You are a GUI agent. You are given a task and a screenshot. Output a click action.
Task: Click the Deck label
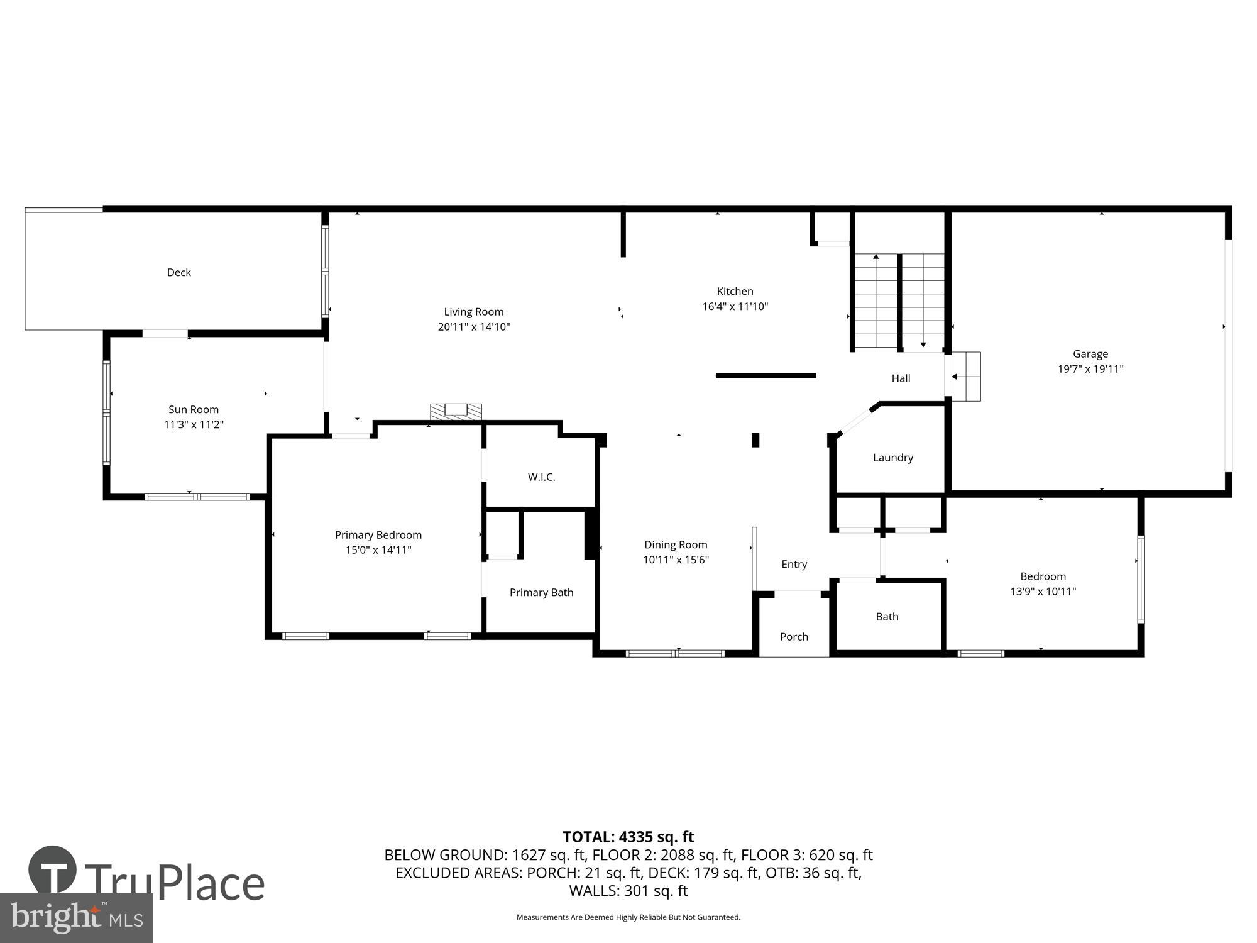(x=178, y=272)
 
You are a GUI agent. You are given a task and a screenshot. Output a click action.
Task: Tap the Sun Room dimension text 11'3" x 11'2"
(x=194, y=424)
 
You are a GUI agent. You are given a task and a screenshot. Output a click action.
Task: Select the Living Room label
(x=474, y=312)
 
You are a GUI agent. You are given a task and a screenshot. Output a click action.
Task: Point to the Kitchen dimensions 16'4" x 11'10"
(x=735, y=306)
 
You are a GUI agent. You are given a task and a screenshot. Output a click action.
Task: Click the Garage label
(x=1090, y=354)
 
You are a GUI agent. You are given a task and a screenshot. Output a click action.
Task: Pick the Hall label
(x=901, y=378)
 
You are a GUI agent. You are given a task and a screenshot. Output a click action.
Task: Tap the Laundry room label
(x=892, y=458)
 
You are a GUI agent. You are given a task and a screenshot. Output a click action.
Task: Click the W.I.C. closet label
(x=541, y=477)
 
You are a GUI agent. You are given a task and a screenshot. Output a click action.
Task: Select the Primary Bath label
(x=541, y=592)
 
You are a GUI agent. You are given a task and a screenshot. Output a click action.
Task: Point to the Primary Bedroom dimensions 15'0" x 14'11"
(x=378, y=550)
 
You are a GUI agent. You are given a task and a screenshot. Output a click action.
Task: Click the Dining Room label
(x=676, y=544)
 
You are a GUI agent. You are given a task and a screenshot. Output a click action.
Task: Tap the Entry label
(x=794, y=564)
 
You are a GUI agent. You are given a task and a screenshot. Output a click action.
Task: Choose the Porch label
(x=794, y=637)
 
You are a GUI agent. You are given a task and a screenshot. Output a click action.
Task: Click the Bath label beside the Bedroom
(x=887, y=617)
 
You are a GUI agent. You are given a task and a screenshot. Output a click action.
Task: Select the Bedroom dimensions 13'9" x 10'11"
(x=1043, y=592)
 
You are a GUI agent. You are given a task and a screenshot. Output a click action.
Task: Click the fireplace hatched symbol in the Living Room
(x=456, y=411)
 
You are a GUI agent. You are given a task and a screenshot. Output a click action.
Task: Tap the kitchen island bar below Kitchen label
(x=766, y=375)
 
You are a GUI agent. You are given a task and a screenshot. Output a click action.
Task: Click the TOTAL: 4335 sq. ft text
(x=628, y=837)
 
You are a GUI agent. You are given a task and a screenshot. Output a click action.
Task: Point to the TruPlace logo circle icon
(x=53, y=871)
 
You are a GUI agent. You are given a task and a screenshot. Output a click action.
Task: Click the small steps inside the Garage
(x=966, y=377)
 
